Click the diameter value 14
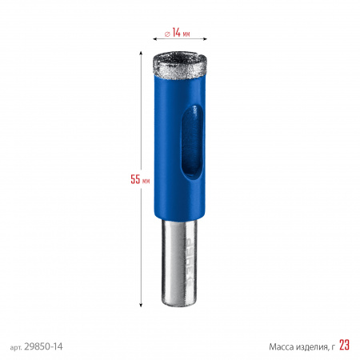pos(176,32)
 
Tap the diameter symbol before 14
pos(167,34)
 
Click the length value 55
pos(135,179)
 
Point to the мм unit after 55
pos(146,181)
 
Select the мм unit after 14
pos(186,34)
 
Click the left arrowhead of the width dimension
pos(155,39)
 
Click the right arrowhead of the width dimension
pos(205,39)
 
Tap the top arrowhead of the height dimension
pos(141,54)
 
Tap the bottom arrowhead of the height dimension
pos(141,305)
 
